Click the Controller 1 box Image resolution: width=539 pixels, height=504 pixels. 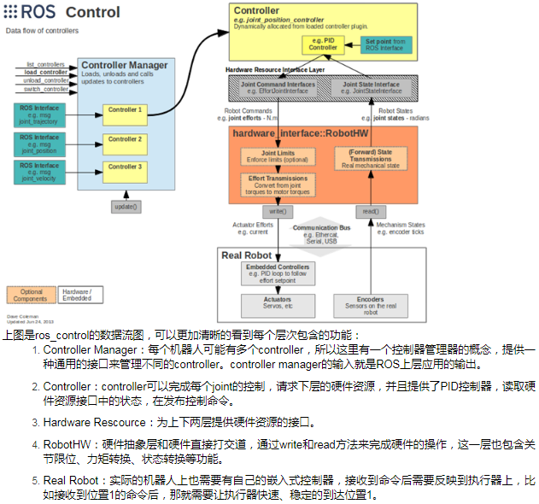click(125, 110)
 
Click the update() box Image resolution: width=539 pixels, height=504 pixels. click(126, 207)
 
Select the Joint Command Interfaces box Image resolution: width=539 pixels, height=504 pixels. click(278, 88)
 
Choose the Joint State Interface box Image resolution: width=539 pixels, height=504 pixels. click(371, 88)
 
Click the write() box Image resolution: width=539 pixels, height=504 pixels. click(276, 210)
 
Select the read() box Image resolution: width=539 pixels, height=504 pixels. click(371, 210)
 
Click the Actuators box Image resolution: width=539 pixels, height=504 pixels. click(278, 304)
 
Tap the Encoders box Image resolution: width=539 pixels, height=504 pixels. click(371, 304)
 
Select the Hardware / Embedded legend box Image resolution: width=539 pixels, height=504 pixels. click(79, 295)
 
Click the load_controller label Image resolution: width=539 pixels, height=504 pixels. click(47, 73)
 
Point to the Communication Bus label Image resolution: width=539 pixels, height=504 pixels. click(320, 228)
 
